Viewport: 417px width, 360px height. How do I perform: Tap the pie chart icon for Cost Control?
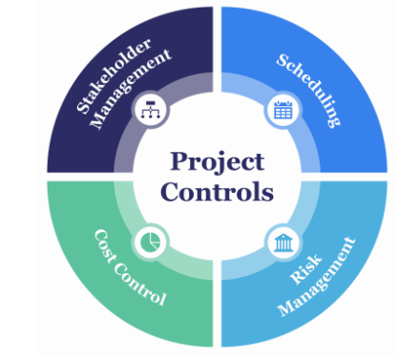150,240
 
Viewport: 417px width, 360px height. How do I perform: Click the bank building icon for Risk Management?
283,241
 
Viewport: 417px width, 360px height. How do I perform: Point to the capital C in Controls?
171,192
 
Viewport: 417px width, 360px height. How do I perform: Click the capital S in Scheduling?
283,60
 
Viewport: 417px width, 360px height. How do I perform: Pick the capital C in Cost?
98,234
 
